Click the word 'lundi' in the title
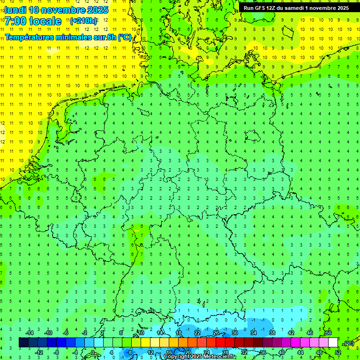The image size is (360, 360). coord(15,10)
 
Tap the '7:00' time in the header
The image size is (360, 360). coord(15,21)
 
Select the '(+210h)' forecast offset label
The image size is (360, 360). coord(83,21)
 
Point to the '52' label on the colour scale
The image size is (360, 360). coord(338,352)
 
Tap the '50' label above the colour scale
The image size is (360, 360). coord(328,333)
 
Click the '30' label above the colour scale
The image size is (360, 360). coord(235,333)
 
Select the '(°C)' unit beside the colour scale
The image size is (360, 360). coord(349,343)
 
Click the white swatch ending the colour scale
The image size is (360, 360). coord(333,343)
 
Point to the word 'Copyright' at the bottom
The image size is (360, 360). coord(176,357)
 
